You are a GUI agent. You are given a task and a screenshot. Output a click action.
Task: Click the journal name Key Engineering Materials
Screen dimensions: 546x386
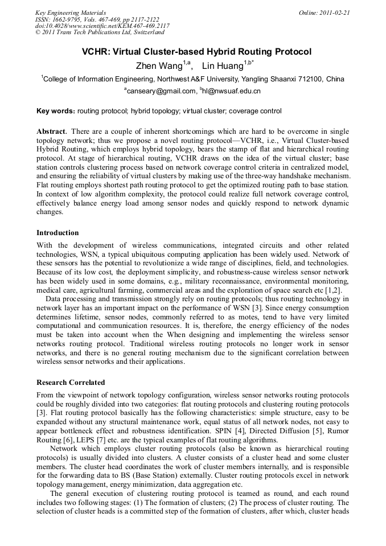pyautogui.click(x=71, y=13)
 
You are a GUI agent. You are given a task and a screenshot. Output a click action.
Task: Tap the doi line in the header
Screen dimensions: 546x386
pyautogui.click(x=102, y=26)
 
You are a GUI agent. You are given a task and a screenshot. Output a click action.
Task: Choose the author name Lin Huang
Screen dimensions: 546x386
pyautogui.click(x=223, y=66)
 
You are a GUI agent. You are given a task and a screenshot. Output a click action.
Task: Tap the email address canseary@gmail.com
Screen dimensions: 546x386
pyautogui.click(x=161, y=91)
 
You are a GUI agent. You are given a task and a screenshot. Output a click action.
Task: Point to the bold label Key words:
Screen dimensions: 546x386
pyautogui.click(x=55, y=110)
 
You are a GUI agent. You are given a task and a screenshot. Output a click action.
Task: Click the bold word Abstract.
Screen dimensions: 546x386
pyautogui.click(x=52, y=132)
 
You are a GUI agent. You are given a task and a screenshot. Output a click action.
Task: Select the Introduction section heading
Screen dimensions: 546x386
pyautogui.click(x=58, y=233)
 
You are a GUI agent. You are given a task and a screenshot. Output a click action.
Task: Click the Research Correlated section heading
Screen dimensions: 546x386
pyautogui.click(x=71, y=382)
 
